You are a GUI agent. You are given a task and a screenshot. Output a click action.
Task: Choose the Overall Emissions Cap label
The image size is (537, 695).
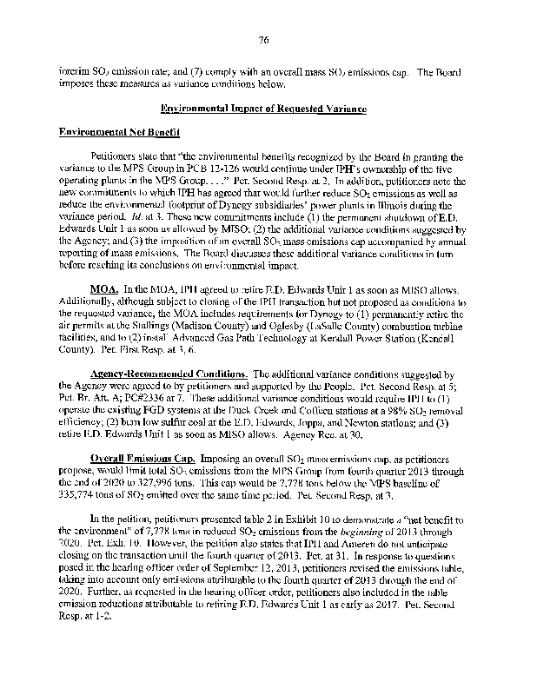[x=143, y=456]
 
